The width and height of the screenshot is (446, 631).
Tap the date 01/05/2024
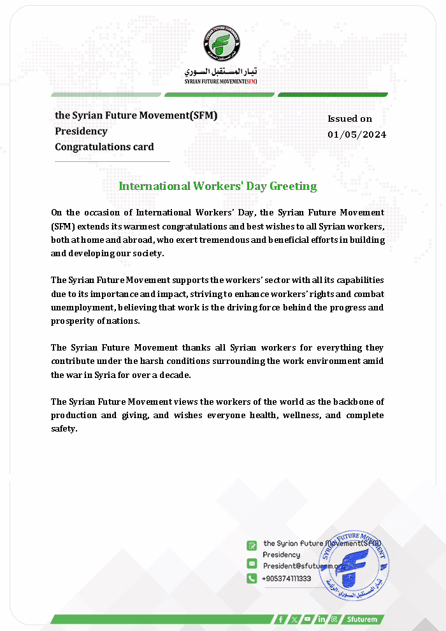click(x=357, y=134)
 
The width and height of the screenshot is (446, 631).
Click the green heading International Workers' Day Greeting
click(x=218, y=186)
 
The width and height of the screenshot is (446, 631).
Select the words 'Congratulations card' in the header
click(x=104, y=147)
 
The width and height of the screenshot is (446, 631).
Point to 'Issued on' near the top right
click(x=350, y=119)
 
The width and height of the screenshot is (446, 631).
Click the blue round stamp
click(x=354, y=565)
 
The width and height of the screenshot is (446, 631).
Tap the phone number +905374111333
click(x=287, y=578)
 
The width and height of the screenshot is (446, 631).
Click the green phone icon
click(x=252, y=578)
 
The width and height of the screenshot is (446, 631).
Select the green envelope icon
click(x=252, y=564)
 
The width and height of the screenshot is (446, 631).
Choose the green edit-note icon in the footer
click(x=252, y=546)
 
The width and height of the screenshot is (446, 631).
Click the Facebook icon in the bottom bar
click(x=280, y=619)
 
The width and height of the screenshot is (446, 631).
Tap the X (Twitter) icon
click(x=294, y=619)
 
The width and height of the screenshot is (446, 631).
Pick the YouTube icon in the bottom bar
click(x=307, y=619)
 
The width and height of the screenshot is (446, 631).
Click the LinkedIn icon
click(x=321, y=619)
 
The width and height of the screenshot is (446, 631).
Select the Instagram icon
click(x=334, y=619)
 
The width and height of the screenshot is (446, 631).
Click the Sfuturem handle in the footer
click(x=362, y=619)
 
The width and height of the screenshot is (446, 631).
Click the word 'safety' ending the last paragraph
click(x=63, y=429)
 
